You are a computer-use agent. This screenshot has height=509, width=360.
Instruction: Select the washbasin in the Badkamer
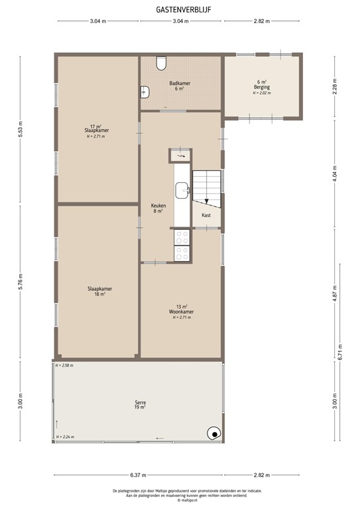pos(145,93)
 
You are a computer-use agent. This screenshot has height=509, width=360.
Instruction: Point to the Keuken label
pos(158,208)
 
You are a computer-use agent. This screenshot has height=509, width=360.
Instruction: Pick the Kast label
pos(206,215)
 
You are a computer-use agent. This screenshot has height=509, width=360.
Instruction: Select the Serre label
pos(139,404)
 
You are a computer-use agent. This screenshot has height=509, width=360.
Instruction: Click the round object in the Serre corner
pos(213,433)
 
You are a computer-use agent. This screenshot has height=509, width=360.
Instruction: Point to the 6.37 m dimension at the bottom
pos(138,475)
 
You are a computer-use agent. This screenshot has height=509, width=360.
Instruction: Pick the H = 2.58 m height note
pos(64,365)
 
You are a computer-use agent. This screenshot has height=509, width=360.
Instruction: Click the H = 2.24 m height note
pos(64,437)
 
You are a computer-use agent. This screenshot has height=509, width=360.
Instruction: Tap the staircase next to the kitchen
pos(206,186)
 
